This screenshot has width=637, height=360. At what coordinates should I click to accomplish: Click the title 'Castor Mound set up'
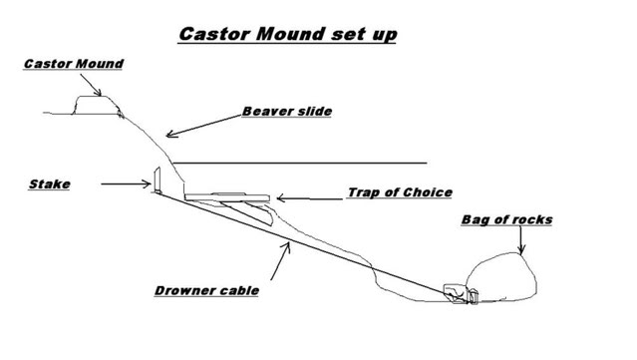point(289,33)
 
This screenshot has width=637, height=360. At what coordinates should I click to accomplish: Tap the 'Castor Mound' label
point(74,65)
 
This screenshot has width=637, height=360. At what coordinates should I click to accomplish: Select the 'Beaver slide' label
point(287,111)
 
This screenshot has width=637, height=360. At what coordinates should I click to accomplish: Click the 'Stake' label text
point(49,184)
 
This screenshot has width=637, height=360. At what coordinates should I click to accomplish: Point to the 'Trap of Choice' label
point(400,191)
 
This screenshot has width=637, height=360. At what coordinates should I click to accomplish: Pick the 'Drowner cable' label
point(207,291)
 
